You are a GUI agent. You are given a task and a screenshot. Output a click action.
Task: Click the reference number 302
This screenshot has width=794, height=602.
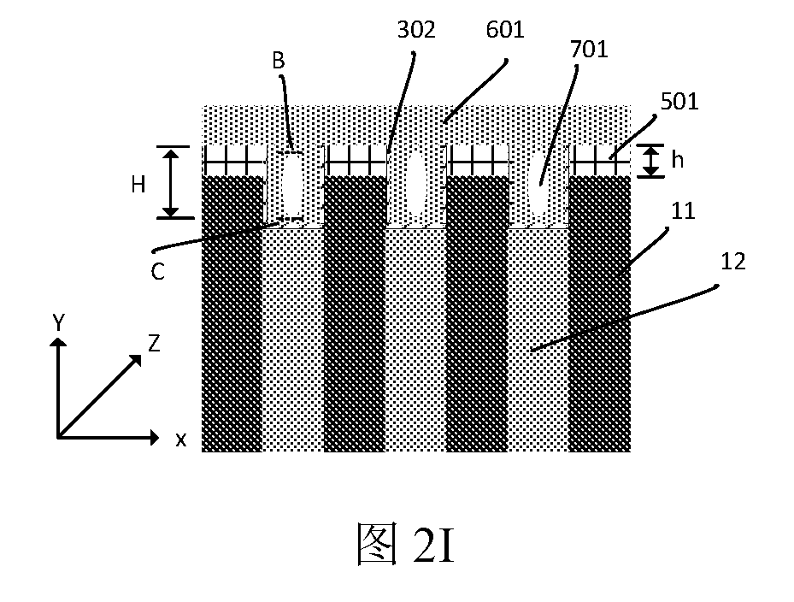point(416,30)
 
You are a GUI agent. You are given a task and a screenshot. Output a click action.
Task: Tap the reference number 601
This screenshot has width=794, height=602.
point(505,30)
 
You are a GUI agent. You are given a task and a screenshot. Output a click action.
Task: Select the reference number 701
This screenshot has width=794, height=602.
point(589,49)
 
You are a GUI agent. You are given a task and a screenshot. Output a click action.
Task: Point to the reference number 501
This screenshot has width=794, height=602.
point(679,102)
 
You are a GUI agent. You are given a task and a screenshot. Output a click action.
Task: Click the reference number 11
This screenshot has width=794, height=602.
point(683,210)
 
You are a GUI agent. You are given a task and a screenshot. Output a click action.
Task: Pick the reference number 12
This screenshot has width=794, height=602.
point(733,262)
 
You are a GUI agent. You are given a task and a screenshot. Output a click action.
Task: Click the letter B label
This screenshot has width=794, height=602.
point(279,61)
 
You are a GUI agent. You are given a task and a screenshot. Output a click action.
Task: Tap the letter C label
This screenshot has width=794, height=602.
point(157,272)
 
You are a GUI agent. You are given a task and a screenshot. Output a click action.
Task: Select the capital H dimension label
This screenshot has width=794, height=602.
point(138,185)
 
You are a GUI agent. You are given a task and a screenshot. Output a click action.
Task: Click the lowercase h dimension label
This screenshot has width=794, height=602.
point(677,160)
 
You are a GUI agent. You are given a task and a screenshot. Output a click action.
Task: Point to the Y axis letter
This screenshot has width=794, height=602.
point(59,322)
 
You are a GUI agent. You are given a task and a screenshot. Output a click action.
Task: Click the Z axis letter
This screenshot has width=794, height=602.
point(154,344)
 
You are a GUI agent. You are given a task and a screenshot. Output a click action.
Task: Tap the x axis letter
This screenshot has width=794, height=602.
point(181,440)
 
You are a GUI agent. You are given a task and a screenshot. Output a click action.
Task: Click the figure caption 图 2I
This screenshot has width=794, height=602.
point(405,543)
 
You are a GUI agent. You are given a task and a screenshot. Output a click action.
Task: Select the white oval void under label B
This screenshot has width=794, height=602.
point(292,185)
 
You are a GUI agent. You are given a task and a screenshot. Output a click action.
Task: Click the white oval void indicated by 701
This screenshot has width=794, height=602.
point(538,183)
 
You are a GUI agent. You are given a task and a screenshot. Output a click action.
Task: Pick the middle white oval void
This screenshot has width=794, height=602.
point(417,183)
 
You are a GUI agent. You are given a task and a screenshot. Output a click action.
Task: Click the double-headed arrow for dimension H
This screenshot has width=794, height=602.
point(171,182)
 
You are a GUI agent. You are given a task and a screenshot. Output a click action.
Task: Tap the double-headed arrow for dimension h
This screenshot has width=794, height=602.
point(650,161)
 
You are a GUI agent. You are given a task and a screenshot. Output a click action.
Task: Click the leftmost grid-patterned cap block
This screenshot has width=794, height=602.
point(233,161)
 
